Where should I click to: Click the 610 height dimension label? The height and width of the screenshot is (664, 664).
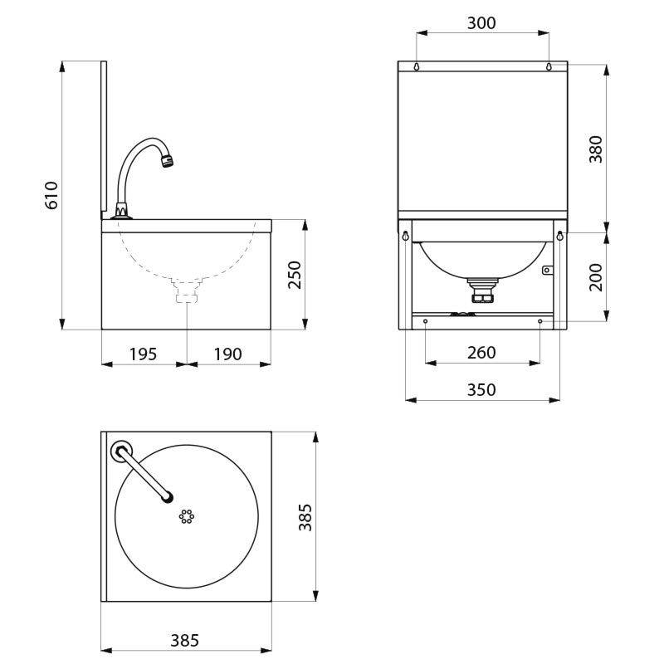point(51,195)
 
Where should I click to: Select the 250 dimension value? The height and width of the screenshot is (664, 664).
point(295,275)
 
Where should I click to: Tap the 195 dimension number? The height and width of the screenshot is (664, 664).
point(143,354)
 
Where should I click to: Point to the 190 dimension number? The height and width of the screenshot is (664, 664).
point(227,354)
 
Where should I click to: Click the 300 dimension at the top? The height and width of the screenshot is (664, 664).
point(481,23)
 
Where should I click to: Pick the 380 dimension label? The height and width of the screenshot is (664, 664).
point(596,149)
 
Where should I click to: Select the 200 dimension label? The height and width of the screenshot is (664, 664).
point(596,277)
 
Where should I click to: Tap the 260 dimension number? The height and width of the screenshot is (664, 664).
point(481,352)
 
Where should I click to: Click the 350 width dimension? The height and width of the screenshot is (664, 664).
point(481,389)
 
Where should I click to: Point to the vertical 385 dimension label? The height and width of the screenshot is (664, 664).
point(305,517)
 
